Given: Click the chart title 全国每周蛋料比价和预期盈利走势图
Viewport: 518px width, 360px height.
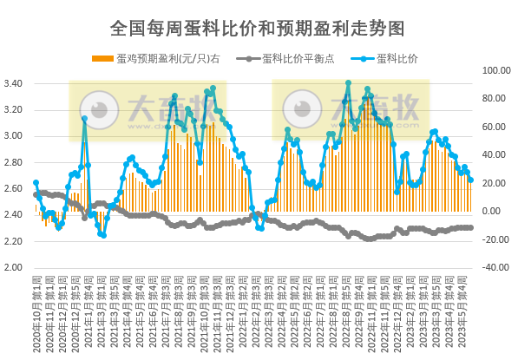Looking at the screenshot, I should (x=258, y=28).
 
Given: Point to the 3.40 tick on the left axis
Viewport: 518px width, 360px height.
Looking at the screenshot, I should (x=13, y=84).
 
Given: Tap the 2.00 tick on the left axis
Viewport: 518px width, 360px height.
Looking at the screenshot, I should (x=13, y=267).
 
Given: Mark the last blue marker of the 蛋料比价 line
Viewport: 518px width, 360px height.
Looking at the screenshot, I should (x=471, y=180).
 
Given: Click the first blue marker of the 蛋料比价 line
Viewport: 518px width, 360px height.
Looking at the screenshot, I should (x=36, y=183).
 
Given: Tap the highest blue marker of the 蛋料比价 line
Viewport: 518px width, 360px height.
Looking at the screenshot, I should (x=348, y=83).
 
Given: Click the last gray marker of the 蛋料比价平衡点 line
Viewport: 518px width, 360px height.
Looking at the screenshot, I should (x=471, y=227).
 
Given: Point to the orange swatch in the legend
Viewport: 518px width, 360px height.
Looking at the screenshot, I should (x=102, y=59).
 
